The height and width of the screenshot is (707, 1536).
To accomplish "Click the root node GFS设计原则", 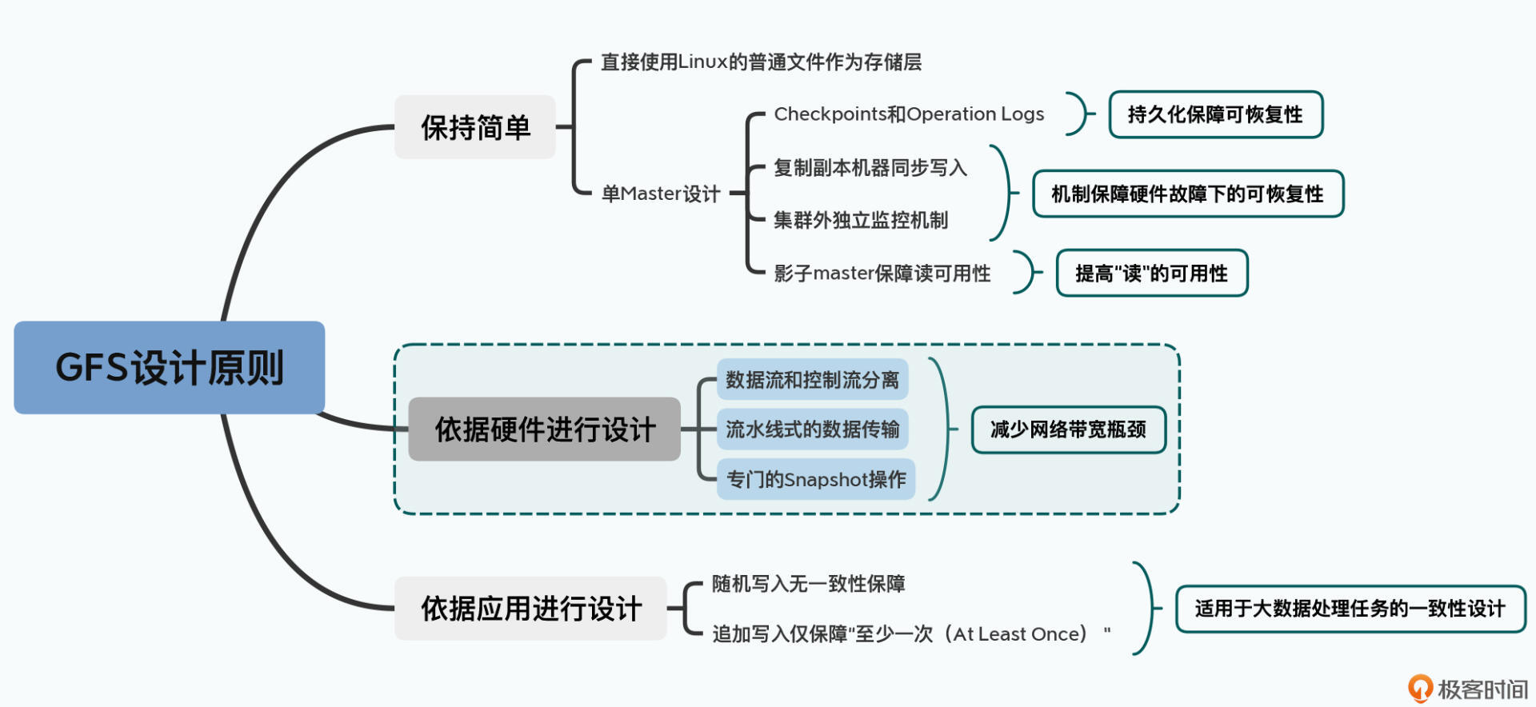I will click(x=169, y=368).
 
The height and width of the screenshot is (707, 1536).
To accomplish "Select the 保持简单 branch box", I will click(x=475, y=127).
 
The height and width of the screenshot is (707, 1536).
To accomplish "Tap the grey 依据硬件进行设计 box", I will click(x=544, y=429).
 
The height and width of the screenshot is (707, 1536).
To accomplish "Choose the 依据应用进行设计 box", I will click(x=530, y=609).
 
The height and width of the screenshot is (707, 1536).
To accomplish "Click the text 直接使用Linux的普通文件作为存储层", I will click(x=761, y=62).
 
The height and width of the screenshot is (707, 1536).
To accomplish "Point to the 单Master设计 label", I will click(x=661, y=194).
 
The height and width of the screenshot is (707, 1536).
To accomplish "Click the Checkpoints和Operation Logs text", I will click(x=909, y=114).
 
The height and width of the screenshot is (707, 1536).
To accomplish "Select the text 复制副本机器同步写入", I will click(x=870, y=168).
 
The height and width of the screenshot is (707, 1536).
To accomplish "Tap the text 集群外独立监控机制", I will click(x=861, y=221).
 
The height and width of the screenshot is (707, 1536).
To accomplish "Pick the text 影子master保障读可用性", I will click(x=882, y=274).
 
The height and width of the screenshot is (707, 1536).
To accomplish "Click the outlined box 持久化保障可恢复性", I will click(x=1215, y=114).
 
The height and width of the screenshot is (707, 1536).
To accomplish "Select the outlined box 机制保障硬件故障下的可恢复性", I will click(x=1187, y=194).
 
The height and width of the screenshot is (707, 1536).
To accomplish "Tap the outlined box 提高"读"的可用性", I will click(x=1151, y=274).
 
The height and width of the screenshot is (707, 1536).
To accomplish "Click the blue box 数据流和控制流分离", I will click(x=812, y=380).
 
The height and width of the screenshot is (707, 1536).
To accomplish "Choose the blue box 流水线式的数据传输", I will click(x=812, y=429).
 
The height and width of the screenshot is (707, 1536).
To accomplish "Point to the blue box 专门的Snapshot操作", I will click(x=815, y=479).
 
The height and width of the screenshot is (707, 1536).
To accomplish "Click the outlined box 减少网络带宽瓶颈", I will click(x=1068, y=429).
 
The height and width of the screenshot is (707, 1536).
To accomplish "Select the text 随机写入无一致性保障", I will click(x=808, y=584).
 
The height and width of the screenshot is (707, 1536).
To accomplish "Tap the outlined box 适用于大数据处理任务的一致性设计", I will click(x=1350, y=609).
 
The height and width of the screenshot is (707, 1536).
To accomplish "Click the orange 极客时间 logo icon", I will click(x=1420, y=688).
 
